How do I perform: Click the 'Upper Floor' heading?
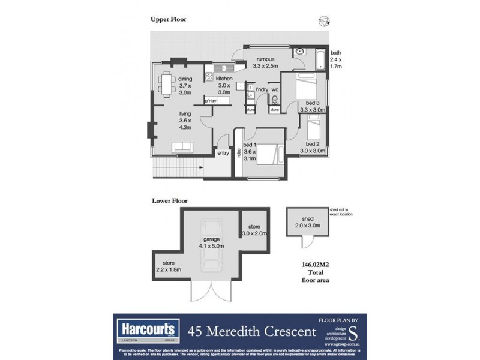pyautogui.click(x=168, y=19)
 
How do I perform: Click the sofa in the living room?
pyautogui.click(x=182, y=147)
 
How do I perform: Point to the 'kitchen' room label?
pyautogui.click(x=224, y=79)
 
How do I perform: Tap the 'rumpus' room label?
pyautogui.click(x=265, y=59)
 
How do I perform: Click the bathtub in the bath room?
pyautogui.click(x=320, y=58)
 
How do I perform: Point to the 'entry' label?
pyautogui.click(x=223, y=153)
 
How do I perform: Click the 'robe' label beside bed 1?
pyautogui.click(x=239, y=152)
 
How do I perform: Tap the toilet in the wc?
pyautogui.click(x=275, y=100)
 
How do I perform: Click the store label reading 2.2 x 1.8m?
pyautogui.click(x=167, y=266)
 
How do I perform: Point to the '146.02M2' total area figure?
pyautogui.click(x=316, y=263)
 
